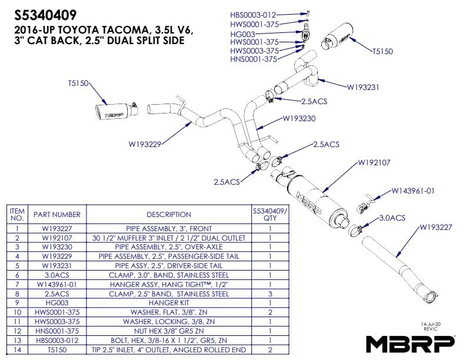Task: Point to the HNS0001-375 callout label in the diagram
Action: pyautogui.click(x=254, y=59)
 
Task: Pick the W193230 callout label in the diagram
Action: pyautogui.click(x=299, y=118)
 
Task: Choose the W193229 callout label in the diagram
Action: pyautogui.click(x=145, y=142)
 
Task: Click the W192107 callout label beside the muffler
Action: pyautogui.click(x=375, y=163)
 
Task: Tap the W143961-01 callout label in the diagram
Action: pyautogui.click(x=414, y=191)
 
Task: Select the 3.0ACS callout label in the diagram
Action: pyautogui.click(x=392, y=218)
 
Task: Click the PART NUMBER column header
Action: pyautogui.click(x=57, y=215)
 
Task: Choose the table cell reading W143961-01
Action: pyautogui.click(x=57, y=284)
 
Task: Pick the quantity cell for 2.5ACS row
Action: pyautogui.click(x=269, y=294)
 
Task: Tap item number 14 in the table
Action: pyautogui.click(x=18, y=350)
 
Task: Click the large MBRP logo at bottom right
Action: pyautogui.click(x=410, y=343)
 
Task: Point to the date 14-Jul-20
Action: pyautogui.click(x=431, y=324)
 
